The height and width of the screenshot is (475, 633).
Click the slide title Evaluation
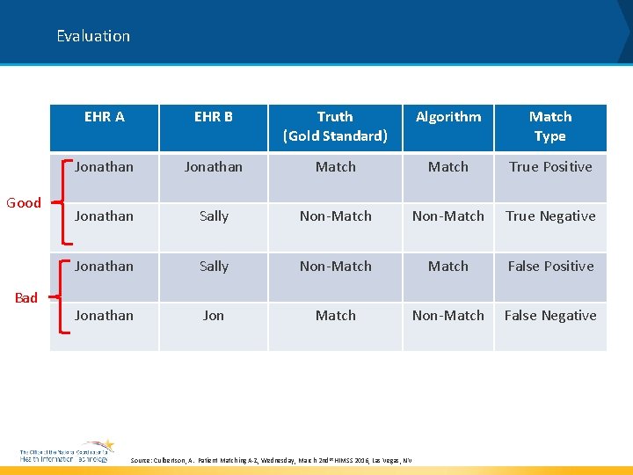click(93, 36)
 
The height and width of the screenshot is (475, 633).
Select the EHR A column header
click(105, 117)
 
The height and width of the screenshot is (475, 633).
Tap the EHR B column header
click(214, 117)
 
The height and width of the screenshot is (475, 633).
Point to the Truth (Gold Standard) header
click(335, 126)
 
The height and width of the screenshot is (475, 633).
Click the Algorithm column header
click(448, 117)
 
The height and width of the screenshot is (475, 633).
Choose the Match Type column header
click(550, 126)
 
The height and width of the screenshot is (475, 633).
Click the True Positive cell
click(550, 166)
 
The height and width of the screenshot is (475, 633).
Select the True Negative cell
click(550, 216)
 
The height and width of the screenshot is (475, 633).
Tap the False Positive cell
click(550, 266)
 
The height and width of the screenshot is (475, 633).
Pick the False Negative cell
click(550, 315)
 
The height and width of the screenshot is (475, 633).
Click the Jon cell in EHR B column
click(214, 315)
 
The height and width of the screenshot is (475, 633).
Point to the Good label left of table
click(24, 202)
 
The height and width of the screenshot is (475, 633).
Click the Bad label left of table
click(26, 297)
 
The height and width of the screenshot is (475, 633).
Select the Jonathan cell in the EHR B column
click(214, 166)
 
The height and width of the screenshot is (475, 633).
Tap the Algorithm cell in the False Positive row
click(448, 266)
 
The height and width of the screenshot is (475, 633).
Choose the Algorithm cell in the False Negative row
click(448, 315)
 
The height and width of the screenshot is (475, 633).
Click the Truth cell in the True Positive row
click(336, 166)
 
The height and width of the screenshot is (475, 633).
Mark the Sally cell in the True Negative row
click(214, 216)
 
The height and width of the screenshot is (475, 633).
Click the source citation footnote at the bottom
click(271, 460)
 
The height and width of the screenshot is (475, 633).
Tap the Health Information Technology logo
click(67, 451)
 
